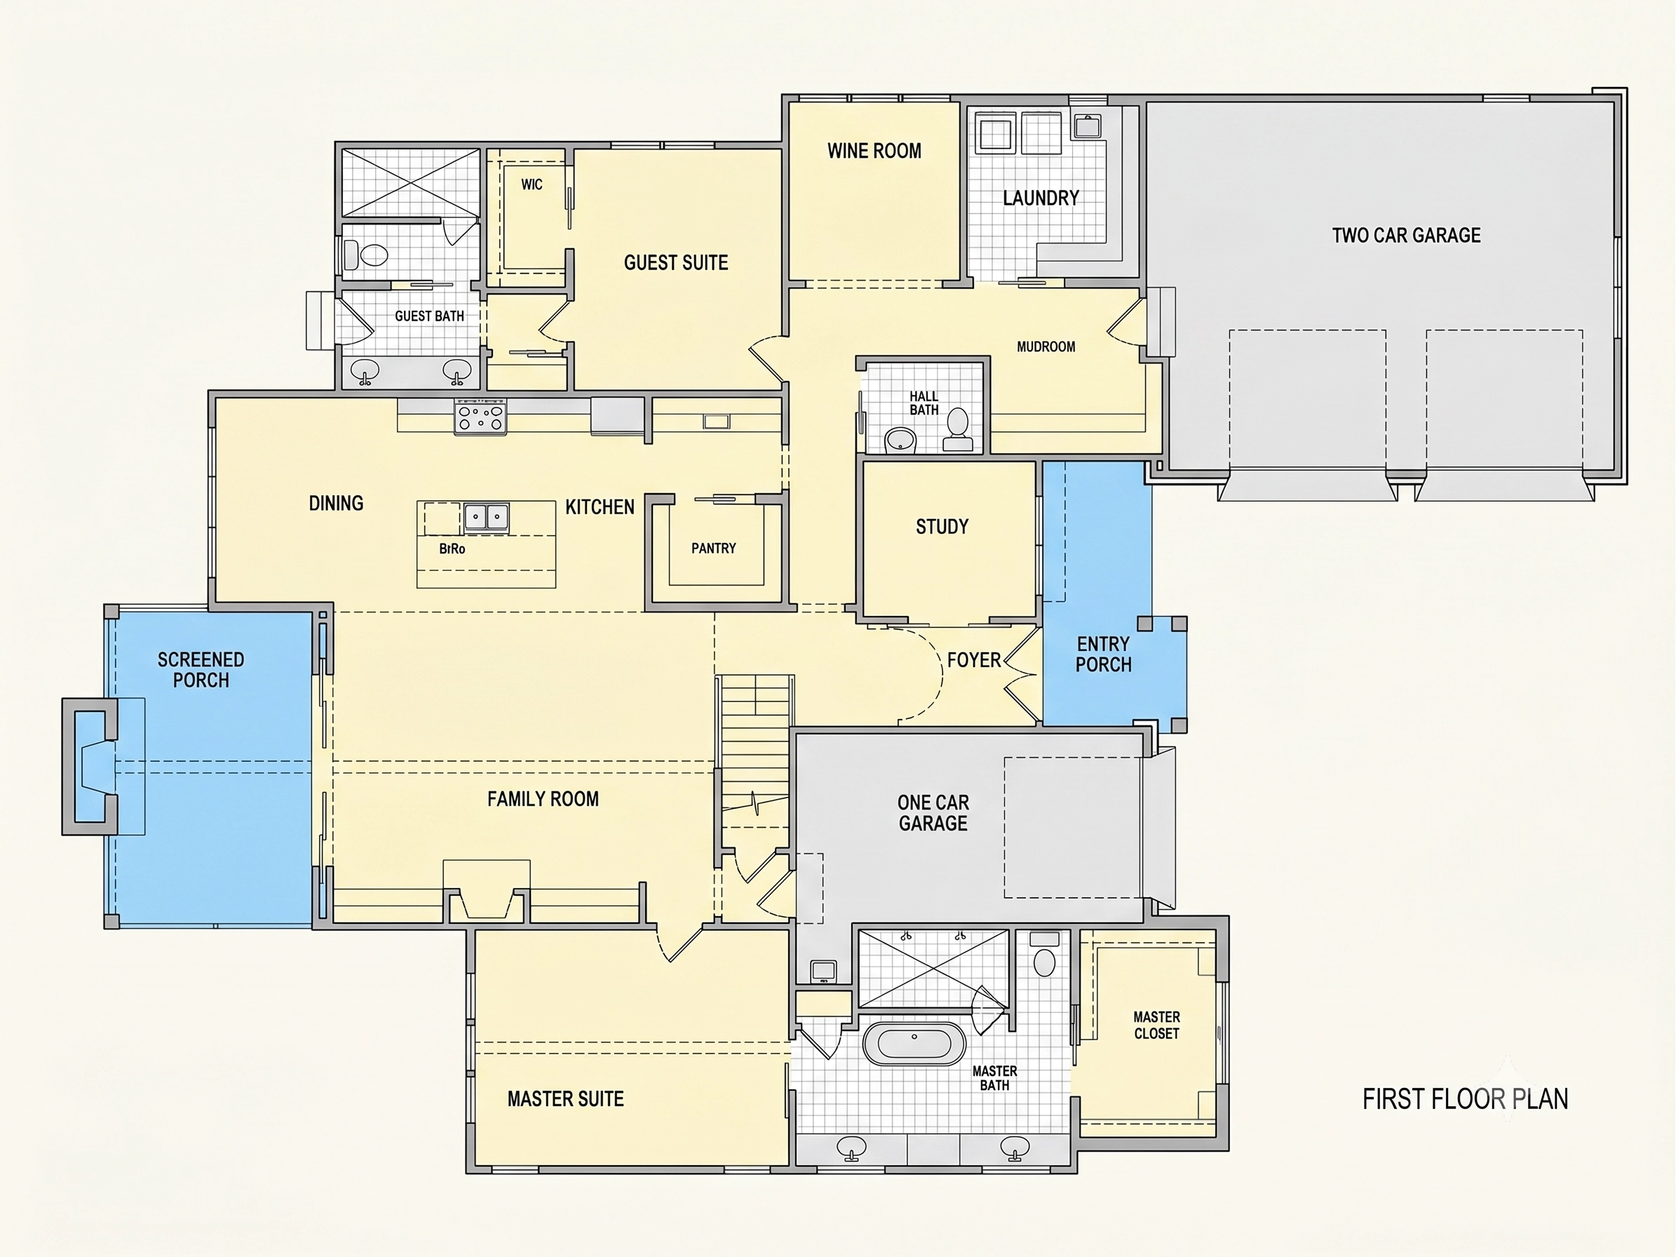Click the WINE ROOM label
click(x=874, y=151)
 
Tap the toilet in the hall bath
click(x=958, y=431)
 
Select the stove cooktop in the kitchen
click(x=480, y=417)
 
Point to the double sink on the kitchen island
click(x=487, y=518)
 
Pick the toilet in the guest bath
click(x=366, y=255)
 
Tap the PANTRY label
click(x=713, y=548)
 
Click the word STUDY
click(x=942, y=527)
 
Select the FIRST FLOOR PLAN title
click(x=1466, y=1098)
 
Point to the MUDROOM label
click(x=1046, y=347)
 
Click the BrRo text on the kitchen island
click(x=452, y=549)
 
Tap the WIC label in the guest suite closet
click(x=531, y=184)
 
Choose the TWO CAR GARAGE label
click(x=1406, y=235)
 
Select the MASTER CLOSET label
click(x=1156, y=1025)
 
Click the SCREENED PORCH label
click(x=201, y=670)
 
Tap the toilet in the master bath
click(x=1045, y=955)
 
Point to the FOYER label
click(x=973, y=660)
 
